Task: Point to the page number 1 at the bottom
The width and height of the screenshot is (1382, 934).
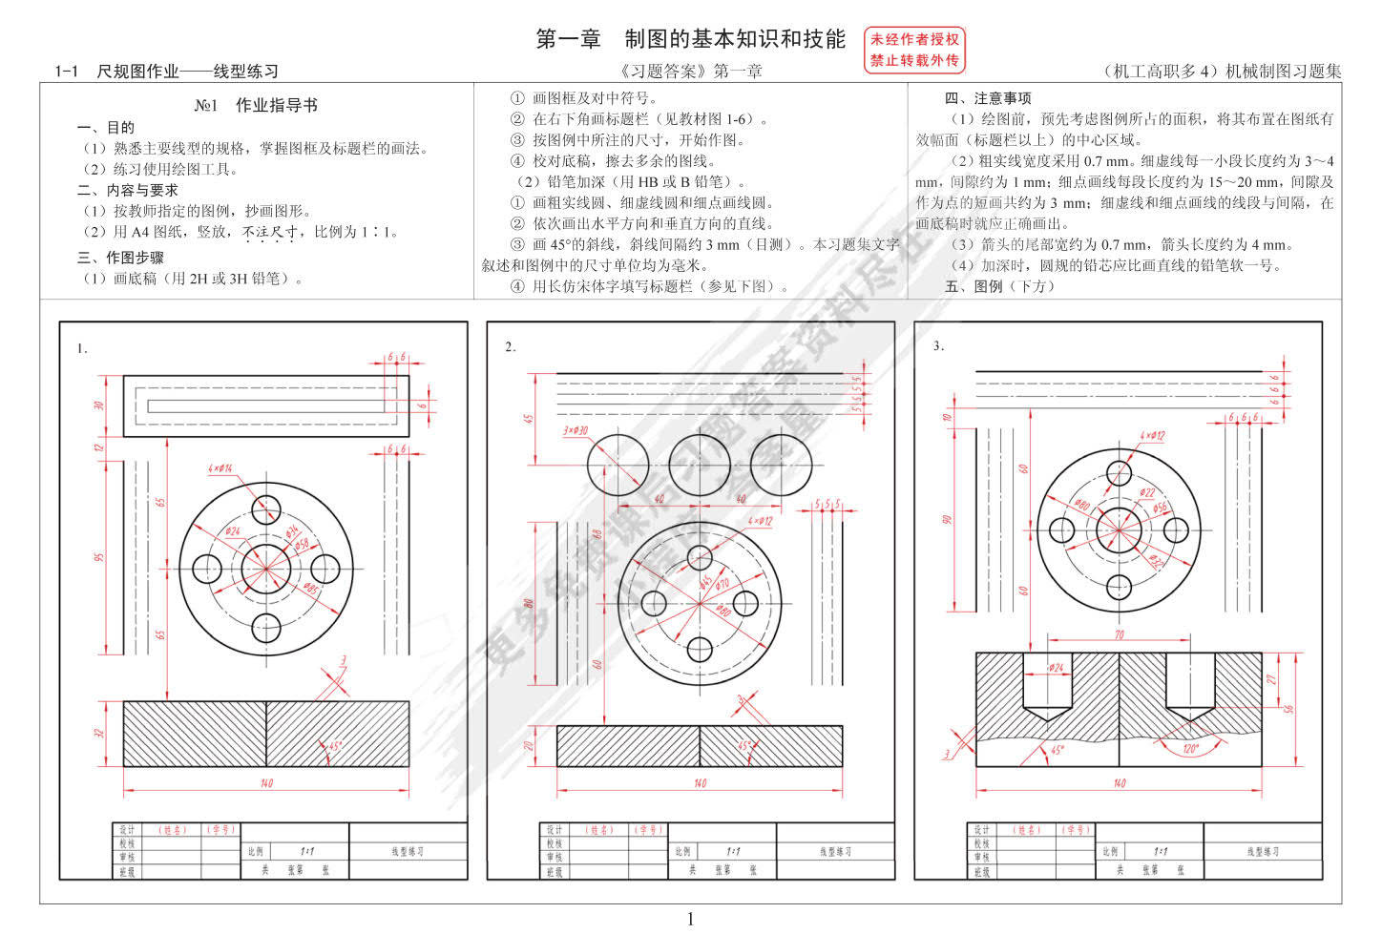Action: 690,919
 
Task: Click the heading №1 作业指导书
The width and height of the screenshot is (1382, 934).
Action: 256,105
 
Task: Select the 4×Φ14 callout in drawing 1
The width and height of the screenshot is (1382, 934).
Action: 220,468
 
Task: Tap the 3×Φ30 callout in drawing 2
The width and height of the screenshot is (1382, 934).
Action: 576,430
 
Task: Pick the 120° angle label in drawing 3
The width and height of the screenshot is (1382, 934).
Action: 1191,749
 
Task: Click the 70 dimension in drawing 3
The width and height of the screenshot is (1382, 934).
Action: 1119,634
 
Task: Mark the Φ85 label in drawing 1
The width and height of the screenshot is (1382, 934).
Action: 310,589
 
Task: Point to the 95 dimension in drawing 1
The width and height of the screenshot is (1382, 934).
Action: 99,556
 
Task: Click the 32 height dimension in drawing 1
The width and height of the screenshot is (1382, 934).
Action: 99,733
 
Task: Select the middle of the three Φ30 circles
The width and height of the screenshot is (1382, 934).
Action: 700,465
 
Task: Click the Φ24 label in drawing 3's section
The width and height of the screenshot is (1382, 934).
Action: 1057,668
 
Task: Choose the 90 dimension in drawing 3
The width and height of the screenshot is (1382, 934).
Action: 947,520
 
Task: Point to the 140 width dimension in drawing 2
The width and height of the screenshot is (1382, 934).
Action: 700,783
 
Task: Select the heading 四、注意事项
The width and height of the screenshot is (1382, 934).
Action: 987,98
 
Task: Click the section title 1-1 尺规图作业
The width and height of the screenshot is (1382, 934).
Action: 166,71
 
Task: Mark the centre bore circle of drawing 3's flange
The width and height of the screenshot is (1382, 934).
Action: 1119,529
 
